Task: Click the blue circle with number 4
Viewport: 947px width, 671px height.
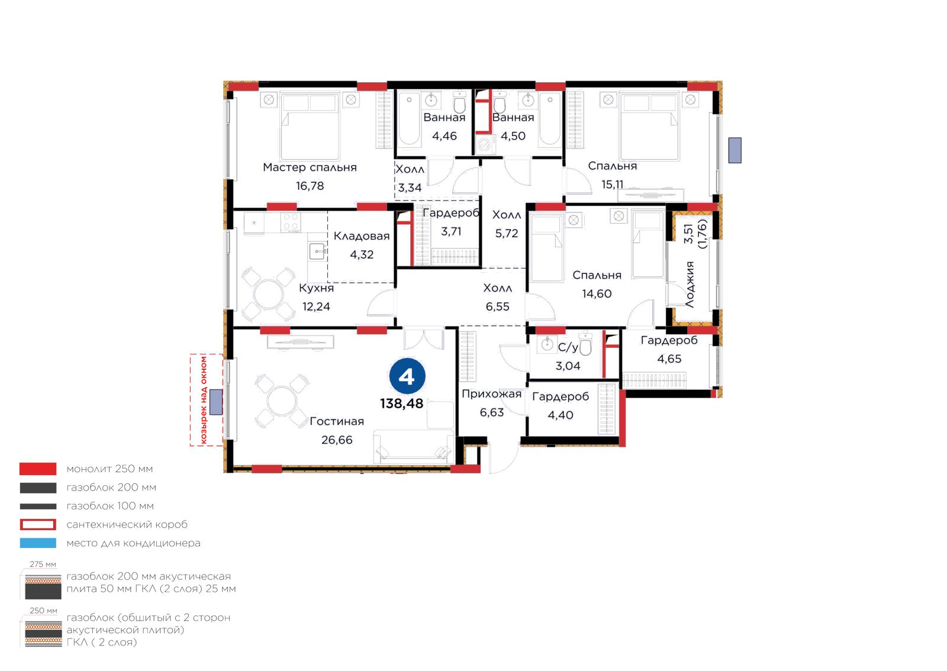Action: click(x=407, y=376)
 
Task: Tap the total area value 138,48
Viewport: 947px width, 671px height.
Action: click(x=401, y=404)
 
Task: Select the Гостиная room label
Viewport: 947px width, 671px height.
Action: click(x=337, y=421)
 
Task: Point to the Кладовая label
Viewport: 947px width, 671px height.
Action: click(x=362, y=236)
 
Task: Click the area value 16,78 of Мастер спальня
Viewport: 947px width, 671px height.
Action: click(x=310, y=185)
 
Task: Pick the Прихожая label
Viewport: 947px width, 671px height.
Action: click(x=491, y=394)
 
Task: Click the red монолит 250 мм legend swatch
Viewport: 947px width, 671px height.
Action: click(x=38, y=469)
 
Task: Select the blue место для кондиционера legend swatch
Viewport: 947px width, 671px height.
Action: click(x=38, y=543)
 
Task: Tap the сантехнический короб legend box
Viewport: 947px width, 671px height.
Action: click(x=38, y=524)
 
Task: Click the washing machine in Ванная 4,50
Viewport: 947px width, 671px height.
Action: click(x=485, y=145)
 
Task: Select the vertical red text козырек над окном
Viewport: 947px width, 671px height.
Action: click(x=204, y=400)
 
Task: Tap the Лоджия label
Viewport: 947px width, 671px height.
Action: click(x=690, y=284)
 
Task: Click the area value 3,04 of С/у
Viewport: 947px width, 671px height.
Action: click(x=568, y=366)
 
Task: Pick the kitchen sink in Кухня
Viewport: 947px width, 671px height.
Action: click(x=317, y=251)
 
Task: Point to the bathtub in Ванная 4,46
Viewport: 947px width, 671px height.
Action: click(x=409, y=120)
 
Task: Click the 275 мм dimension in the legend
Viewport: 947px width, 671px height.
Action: click(x=43, y=564)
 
